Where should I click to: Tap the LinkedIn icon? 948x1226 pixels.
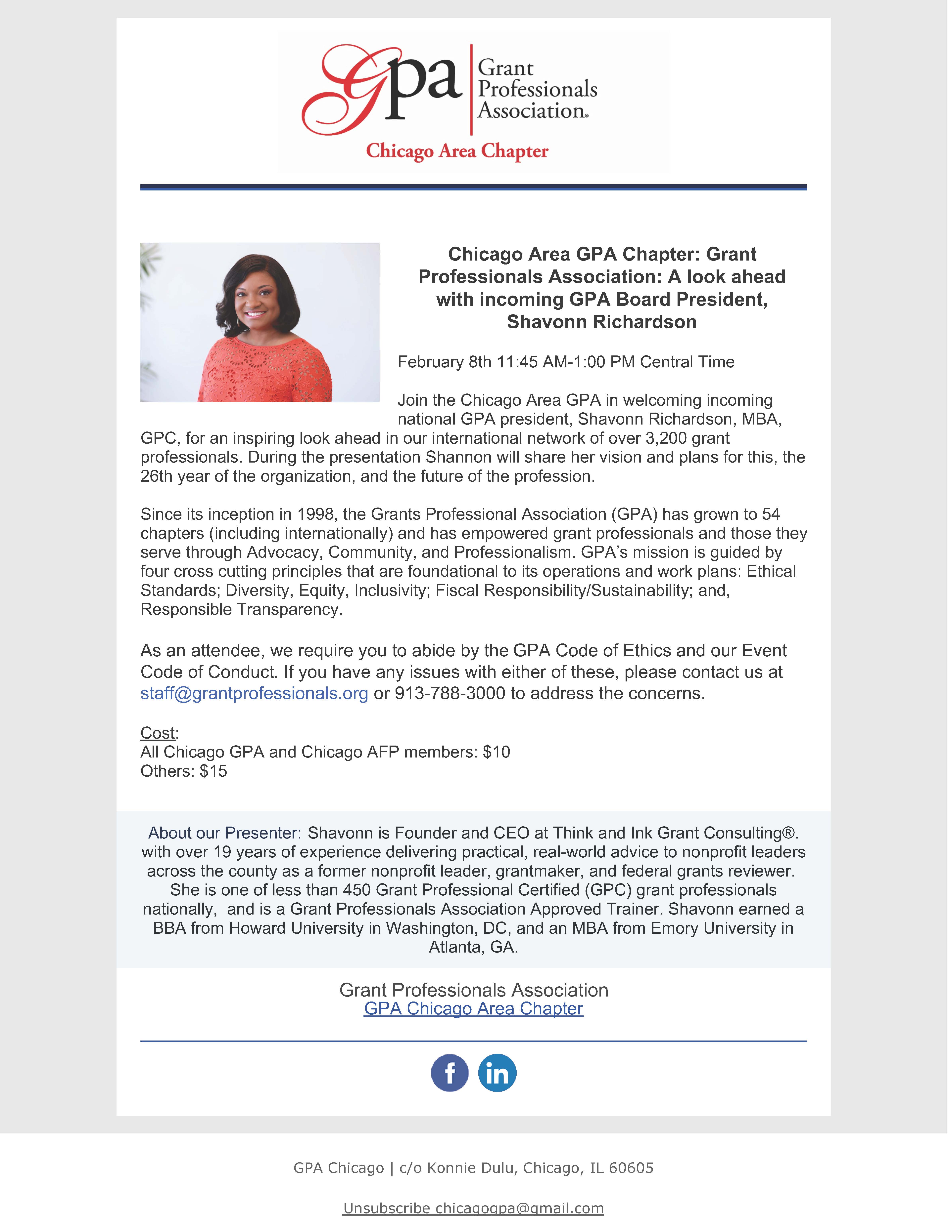(x=497, y=1073)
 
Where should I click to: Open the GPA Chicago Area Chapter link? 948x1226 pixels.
(x=473, y=1009)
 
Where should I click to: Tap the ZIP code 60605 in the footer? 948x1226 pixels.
(x=631, y=1168)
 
